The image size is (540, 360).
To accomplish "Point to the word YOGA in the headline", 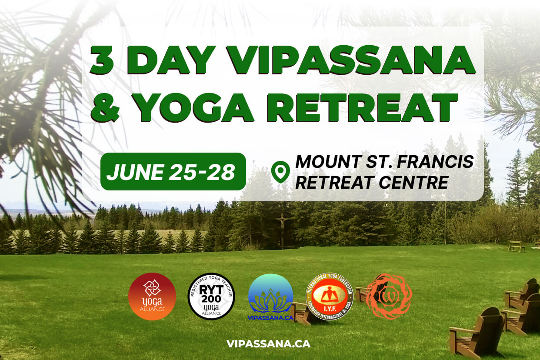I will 194,107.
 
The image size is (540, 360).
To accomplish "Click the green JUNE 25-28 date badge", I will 173,172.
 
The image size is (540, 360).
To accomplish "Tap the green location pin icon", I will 280,172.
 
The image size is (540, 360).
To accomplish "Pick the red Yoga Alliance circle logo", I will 152,297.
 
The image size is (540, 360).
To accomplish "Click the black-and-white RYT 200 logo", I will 211,297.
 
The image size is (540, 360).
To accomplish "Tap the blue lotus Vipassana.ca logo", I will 270,297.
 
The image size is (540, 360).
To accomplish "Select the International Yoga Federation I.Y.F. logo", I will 329,297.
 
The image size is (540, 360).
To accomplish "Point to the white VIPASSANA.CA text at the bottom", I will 268,343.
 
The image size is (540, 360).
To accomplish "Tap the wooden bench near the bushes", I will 516,247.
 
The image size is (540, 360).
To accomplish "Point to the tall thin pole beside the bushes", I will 445,222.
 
